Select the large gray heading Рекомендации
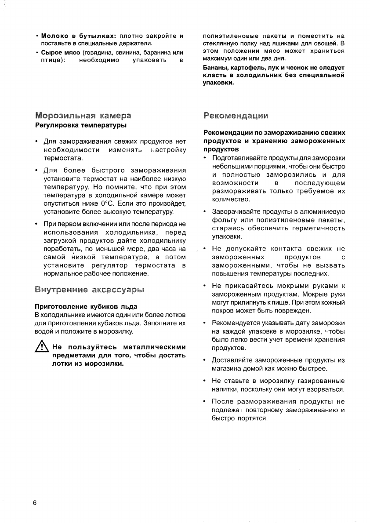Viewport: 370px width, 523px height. click(x=236, y=116)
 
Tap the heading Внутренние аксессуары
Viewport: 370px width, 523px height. click(x=89, y=290)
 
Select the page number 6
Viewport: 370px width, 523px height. click(x=34, y=503)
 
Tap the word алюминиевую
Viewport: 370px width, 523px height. click(x=323, y=212)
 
